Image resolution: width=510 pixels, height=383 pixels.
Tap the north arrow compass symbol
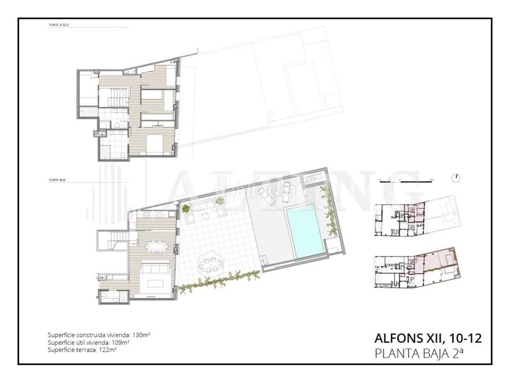pyautogui.click(x=457, y=177)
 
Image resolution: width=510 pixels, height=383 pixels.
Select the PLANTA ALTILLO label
pyautogui.click(x=59, y=25)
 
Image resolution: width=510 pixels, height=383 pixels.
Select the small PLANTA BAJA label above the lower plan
pyautogui.click(x=58, y=181)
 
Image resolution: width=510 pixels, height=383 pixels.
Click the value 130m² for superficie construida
pyautogui.click(x=140, y=334)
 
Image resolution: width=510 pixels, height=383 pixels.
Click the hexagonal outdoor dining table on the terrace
pyautogui.click(x=208, y=264)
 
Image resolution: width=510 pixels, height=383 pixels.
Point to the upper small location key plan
pyautogui.click(x=418, y=220)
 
